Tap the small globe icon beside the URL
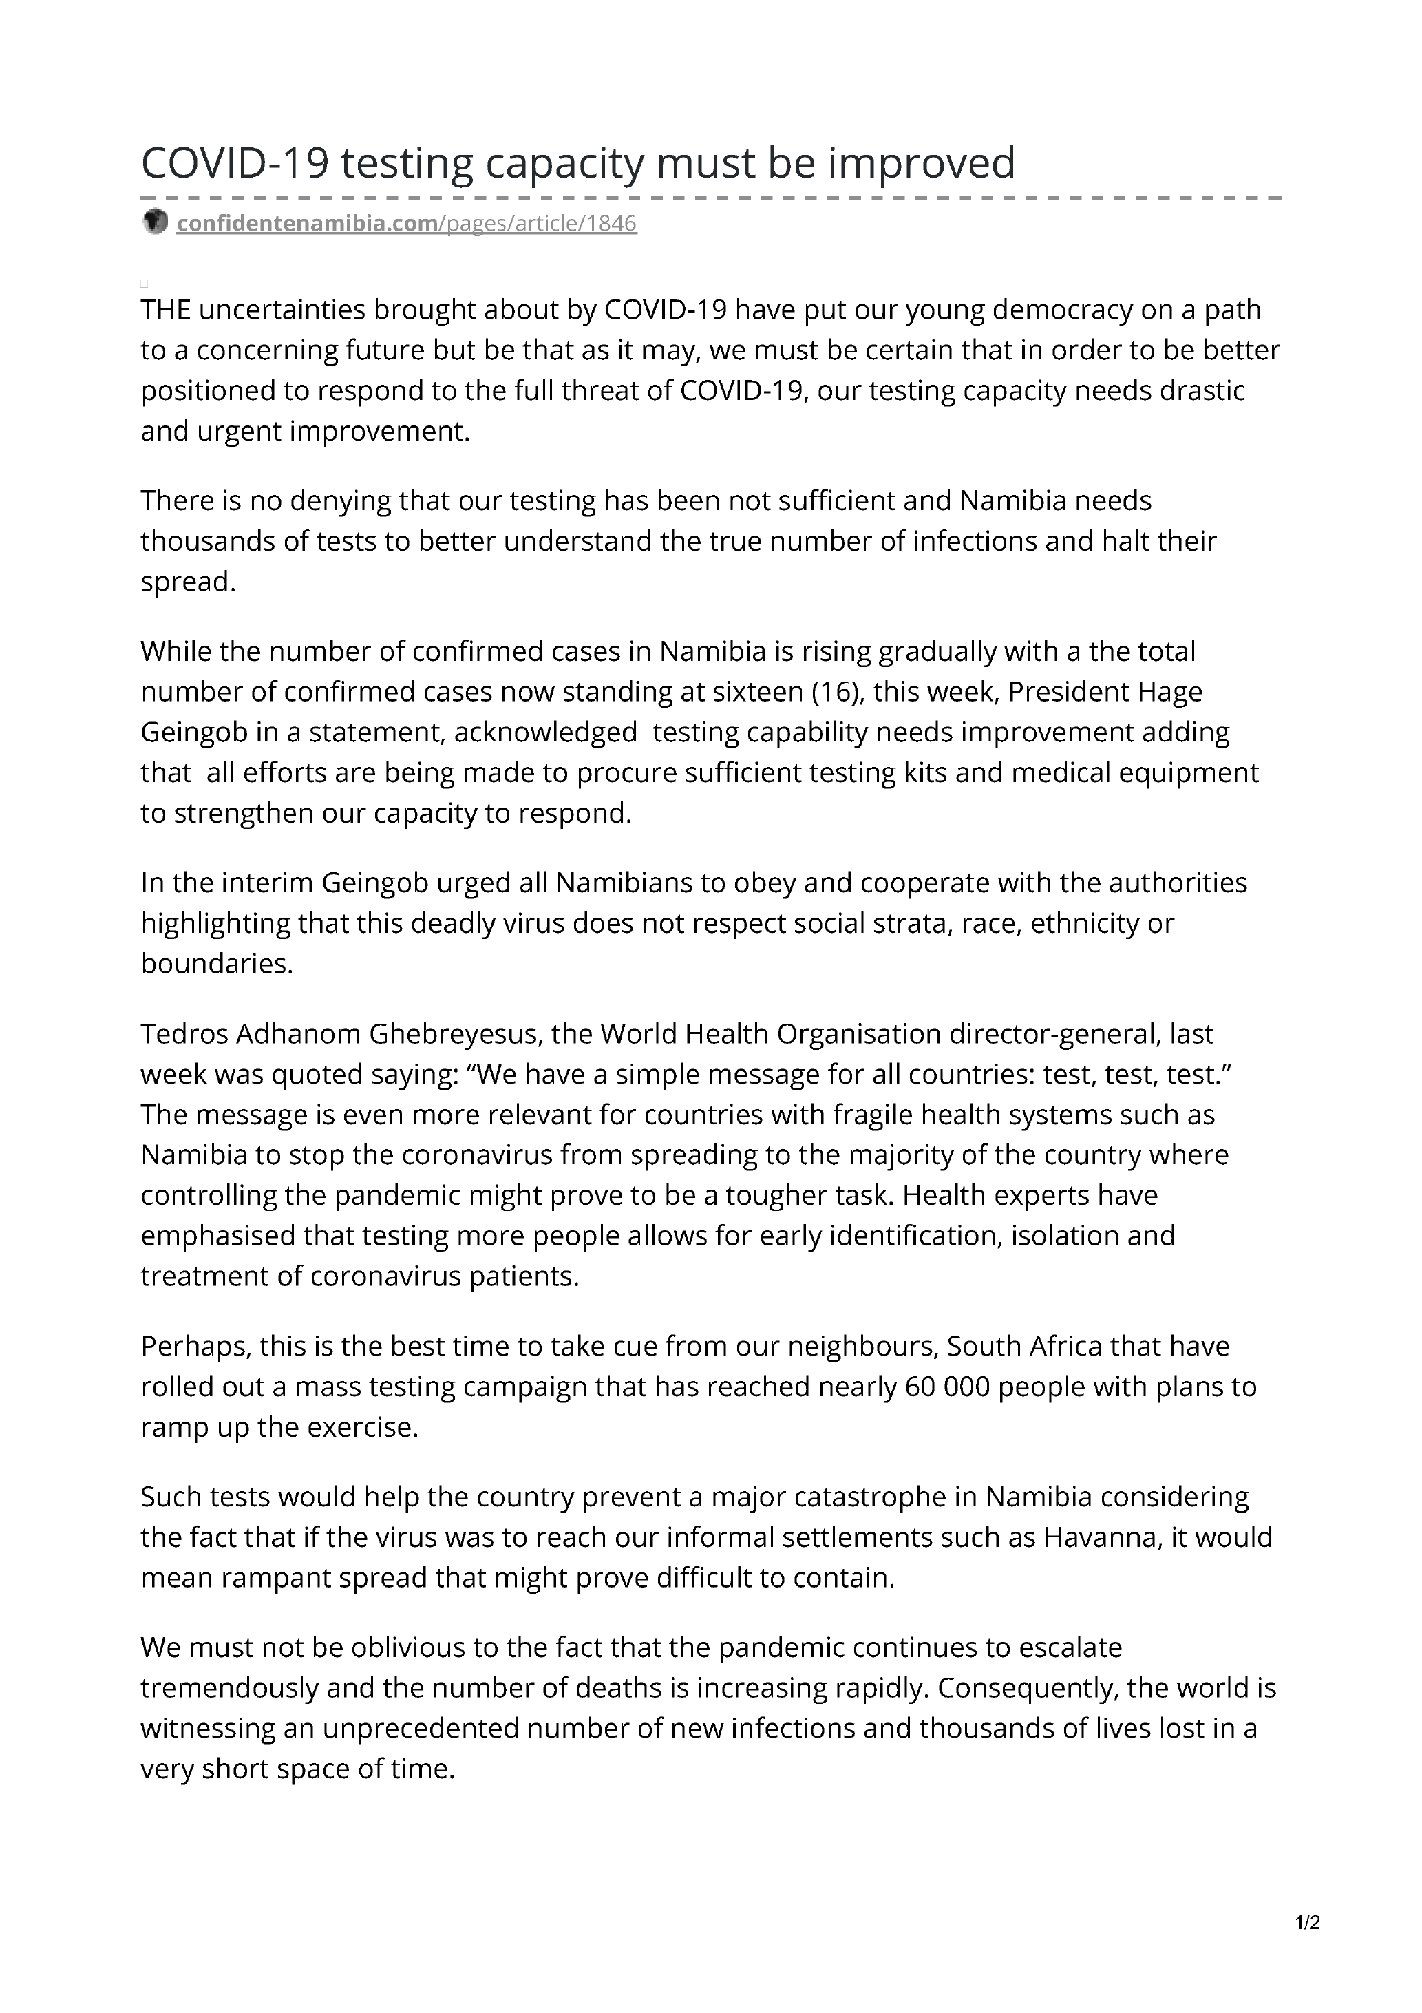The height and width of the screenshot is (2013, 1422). [x=154, y=222]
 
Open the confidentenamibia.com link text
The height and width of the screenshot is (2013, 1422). [x=307, y=224]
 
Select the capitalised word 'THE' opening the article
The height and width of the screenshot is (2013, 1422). [x=166, y=310]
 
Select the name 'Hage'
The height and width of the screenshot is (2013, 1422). [x=1169, y=692]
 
